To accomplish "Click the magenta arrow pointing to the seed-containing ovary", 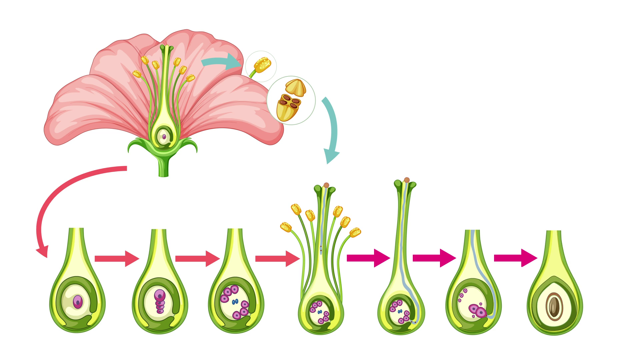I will click(515, 258).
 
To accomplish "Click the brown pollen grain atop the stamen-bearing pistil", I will click(326, 185).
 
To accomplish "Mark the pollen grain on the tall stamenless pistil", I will click(407, 180).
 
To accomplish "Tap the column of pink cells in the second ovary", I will click(160, 302).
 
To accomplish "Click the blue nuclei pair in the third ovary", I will click(235, 301).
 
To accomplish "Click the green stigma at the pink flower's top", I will click(167, 49).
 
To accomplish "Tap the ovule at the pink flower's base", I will click(164, 136).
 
